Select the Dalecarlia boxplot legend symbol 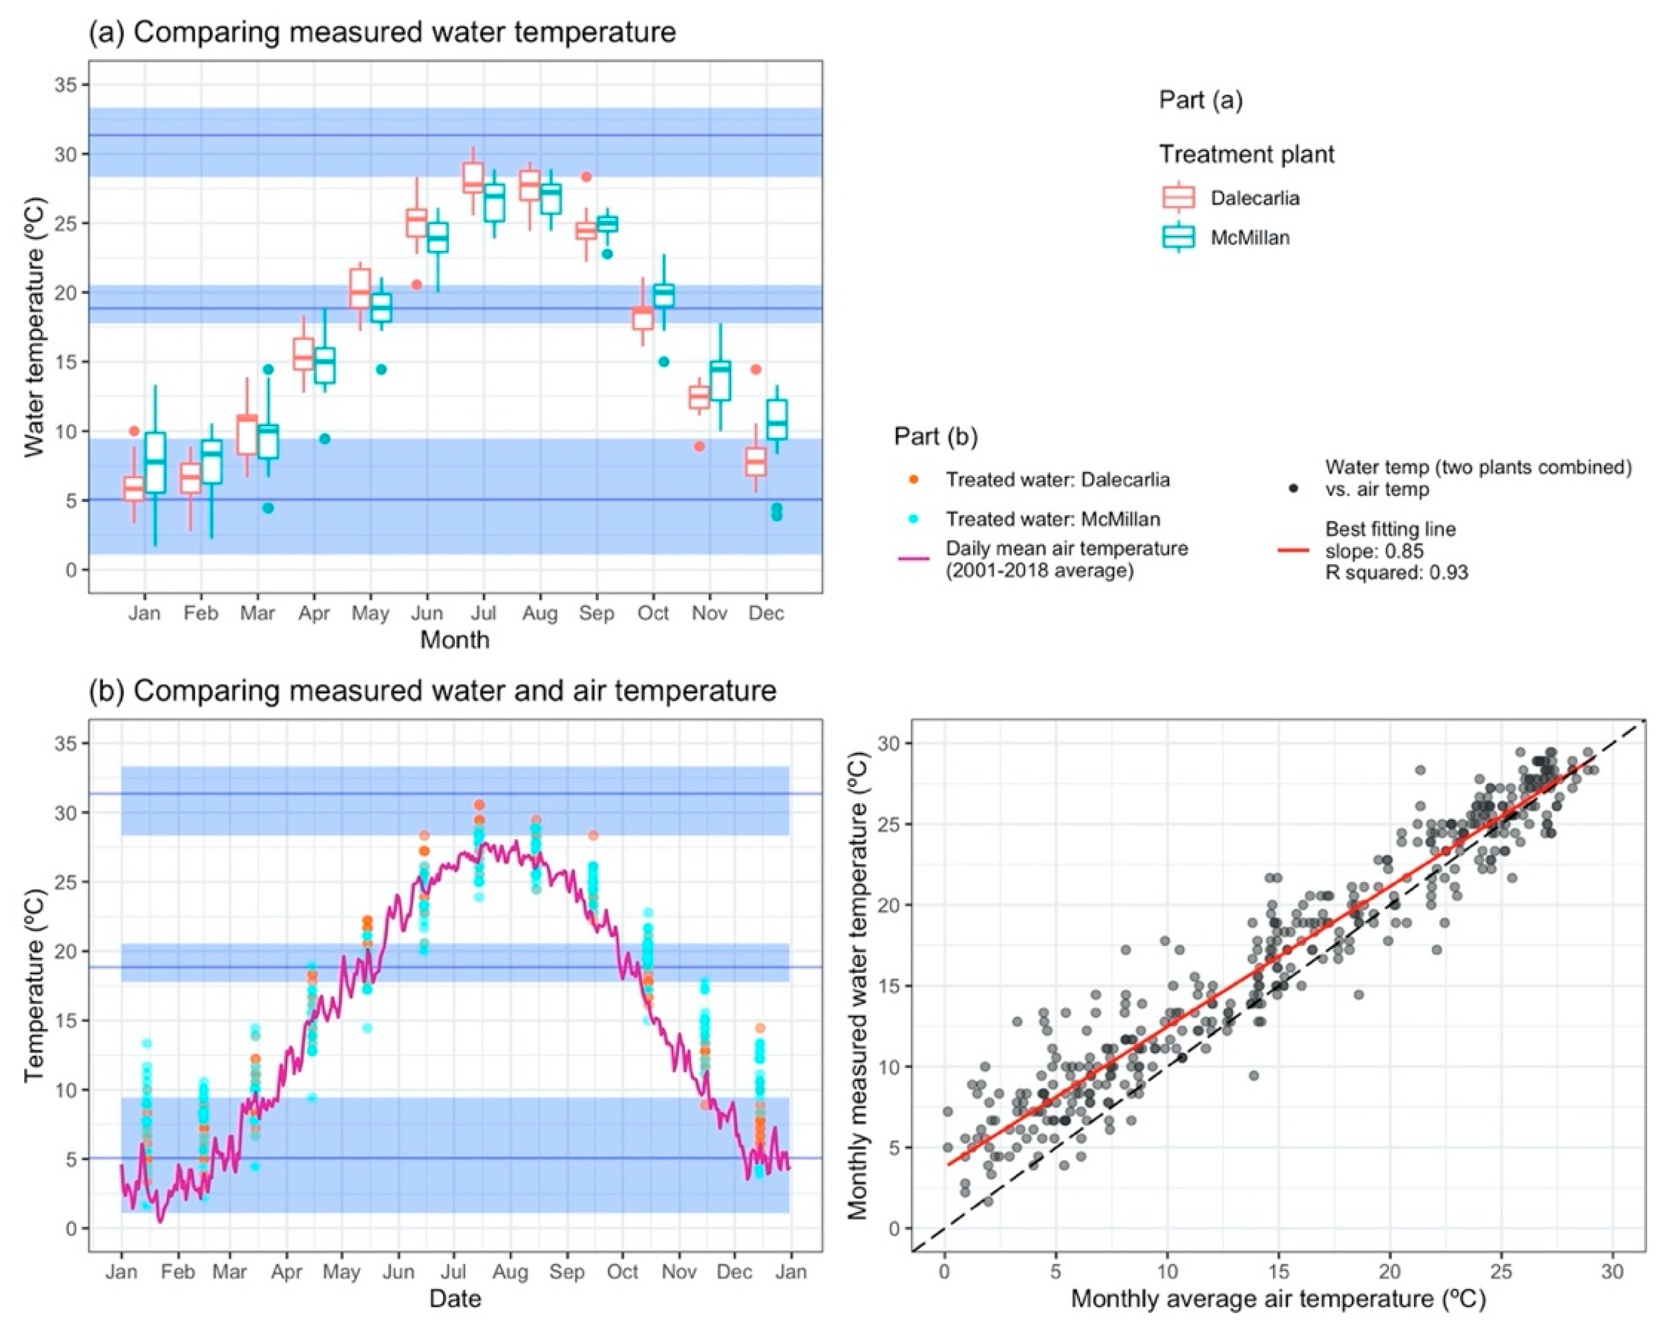pyautogui.click(x=1178, y=198)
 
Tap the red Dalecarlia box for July pyautogui.click(x=473, y=178)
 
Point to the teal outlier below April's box pyautogui.click(x=325, y=439)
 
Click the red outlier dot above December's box pyautogui.click(x=756, y=370)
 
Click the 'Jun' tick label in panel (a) pyautogui.click(x=427, y=613)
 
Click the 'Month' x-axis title pyautogui.click(x=454, y=640)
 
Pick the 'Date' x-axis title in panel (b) pyautogui.click(x=454, y=1298)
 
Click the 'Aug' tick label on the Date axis pyautogui.click(x=510, y=1272)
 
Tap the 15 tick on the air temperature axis pyautogui.click(x=1278, y=1272)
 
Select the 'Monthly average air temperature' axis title pyautogui.click(x=1278, y=1299)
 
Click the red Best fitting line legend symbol pyautogui.click(x=1294, y=551)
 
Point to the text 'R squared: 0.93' pyautogui.click(x=1396, y=572)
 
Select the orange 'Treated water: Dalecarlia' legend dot pyautogui.click(x=913, y=479)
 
